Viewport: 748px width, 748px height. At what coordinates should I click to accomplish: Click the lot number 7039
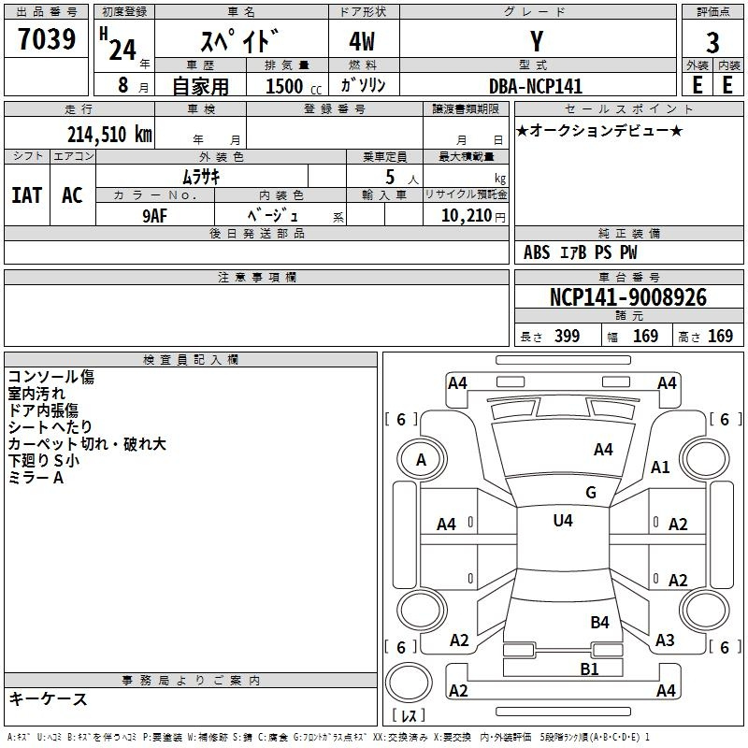(47, 38)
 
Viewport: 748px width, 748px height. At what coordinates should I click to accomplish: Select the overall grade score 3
(712, 43)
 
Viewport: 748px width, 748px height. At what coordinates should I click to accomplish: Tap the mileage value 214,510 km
(109, 135)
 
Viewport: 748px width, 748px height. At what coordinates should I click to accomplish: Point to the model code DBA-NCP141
(536, 86)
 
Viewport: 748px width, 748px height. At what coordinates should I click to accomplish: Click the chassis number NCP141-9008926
(628, 297)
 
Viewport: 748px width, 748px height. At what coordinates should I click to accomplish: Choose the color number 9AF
(154, 216)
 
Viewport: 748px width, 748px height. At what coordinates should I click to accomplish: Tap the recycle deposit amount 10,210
(467, 216)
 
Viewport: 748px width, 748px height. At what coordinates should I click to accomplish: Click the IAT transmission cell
(27, 195)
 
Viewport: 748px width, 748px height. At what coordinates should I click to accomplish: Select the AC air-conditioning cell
(73, 195)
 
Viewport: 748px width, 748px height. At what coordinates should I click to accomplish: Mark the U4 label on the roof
(563, 520)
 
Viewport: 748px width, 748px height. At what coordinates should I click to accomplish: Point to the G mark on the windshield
(591, 492)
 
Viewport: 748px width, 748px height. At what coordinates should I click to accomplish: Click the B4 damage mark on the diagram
(599, 622)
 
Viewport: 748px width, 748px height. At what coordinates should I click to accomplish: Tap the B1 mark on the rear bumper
(589, 669)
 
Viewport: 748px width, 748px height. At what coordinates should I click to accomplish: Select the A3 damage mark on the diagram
(665, 640)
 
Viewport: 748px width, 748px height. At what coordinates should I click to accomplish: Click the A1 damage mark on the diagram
(660, 467)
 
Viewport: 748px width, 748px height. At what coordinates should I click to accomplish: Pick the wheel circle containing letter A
(422, 460)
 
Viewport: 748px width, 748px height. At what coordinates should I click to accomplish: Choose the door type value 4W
(362, 41)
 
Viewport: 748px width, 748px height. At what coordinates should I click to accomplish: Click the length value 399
(568, 336)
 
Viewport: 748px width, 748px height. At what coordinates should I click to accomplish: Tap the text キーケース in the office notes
(49, 698)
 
